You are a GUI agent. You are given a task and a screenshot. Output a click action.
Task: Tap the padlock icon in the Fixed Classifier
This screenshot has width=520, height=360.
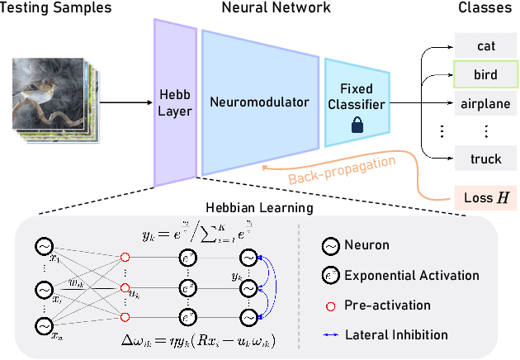coord(357,126)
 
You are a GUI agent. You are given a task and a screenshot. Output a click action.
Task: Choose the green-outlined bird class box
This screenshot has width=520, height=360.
coord(485,75)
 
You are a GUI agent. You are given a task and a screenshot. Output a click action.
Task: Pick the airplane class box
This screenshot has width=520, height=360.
coord(485,103)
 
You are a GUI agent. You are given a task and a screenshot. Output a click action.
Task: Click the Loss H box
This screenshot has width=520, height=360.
coord(485,197)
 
